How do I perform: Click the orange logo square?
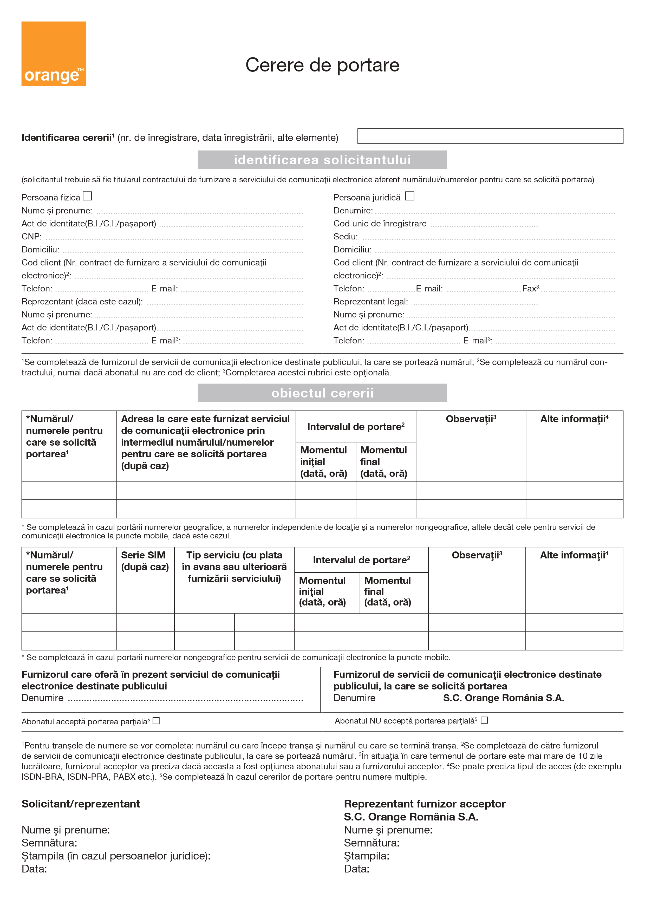pyautogui.click(x=54, y=54)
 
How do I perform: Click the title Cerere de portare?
pyautogui.click(x=322, y=65)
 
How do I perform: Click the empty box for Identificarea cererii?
pyautogui.click(x=490, y=136)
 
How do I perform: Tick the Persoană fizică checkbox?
pyautogui.click(x=87, y=196)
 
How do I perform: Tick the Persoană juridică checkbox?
pyautogui.click(x=410, y=196)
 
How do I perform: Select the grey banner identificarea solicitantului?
pyautogui.click(x=322, y=160)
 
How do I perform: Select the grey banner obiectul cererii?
pyautogui.click(x=322, y=393)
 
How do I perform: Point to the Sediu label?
pyautogui.click(x=345, y=237)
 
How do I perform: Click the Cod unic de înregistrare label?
pyautogui.click(x=380, y=224)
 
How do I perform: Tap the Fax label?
pyautogui.click(x=529, y=289)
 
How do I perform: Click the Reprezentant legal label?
pyautogui.click(x=370, y=302)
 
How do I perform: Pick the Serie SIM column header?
pyautogui.click(x=145, y=561)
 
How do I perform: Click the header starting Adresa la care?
pyautogui.click(x=205, y=442)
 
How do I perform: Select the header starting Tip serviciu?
pyautogui.click(x=234, y=567)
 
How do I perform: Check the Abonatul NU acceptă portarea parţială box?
pyautogui.click(x=484, y=720)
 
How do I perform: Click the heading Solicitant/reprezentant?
pyautogui.click(x=81, y=804)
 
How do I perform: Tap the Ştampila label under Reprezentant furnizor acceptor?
pyautogui.click(x=366, y=856)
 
